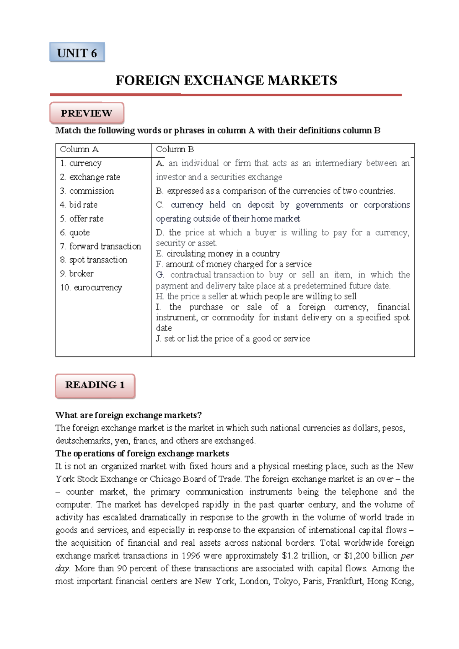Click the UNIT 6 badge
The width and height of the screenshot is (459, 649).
77,52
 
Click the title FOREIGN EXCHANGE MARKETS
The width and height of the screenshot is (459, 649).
226,80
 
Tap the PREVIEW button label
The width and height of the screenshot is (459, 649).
86,113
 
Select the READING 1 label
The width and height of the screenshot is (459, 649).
95,385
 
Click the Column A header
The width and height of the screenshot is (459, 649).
79,150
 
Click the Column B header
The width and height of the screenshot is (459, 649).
175,150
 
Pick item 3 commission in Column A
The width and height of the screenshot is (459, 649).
87,191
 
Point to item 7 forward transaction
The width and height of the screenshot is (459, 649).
100,246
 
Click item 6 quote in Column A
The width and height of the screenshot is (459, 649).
75,233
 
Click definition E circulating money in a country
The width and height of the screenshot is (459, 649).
218,254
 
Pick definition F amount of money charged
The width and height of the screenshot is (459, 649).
234,264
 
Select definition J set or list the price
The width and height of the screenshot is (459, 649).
233,339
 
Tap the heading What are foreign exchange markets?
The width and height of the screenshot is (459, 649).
128,415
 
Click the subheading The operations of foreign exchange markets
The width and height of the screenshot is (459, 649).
142,454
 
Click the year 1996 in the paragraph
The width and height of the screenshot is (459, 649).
190,556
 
